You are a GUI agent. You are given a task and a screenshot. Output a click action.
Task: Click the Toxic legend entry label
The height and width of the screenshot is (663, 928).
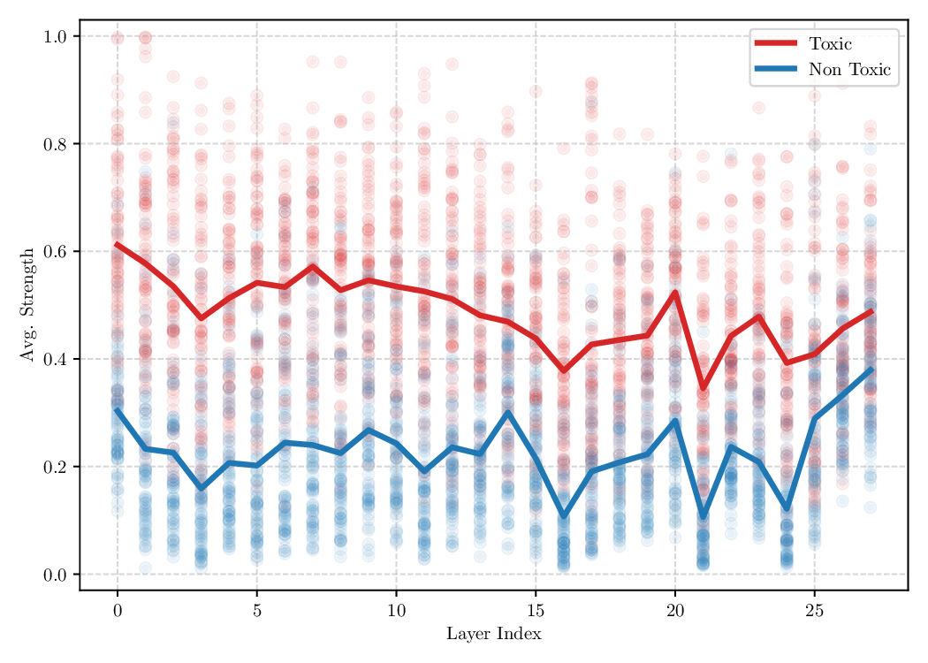(x=830, y=43)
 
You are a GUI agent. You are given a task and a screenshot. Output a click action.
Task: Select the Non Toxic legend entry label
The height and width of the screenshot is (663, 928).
(x=849, y=70)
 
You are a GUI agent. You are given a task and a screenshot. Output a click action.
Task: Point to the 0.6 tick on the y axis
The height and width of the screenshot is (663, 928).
(x=55, y=252)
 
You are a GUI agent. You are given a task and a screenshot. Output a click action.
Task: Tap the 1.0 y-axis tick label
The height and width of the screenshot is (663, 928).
(x=55, y=36)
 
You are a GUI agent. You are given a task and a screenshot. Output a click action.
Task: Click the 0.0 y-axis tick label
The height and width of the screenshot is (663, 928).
(x=55, y=575)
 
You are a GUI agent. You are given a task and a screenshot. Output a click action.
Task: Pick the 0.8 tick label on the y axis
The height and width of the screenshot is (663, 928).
(x=55, y=144)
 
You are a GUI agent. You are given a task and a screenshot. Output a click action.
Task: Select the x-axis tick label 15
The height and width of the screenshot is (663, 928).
(x=536, y=611)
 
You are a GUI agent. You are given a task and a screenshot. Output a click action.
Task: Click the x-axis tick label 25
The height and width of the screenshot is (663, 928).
(x=814, y=611)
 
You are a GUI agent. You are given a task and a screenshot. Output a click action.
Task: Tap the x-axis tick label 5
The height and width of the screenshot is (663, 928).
(x=257, y=611)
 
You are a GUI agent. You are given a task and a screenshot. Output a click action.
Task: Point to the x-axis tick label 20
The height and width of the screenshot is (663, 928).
(x=675, y=611)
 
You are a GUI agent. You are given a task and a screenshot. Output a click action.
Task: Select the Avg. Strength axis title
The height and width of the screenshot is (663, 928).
(x=26, y=305)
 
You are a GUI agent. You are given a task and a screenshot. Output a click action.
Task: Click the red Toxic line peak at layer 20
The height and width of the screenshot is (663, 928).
(x=675, y=293)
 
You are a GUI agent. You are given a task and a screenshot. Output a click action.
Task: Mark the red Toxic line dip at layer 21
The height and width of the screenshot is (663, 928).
(x=703, y=387)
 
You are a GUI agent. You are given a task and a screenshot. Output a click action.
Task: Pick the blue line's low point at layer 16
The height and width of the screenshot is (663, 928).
(x=564, y=515)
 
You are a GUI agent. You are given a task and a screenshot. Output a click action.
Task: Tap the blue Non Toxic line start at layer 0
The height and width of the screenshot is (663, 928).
(x=118, y=409)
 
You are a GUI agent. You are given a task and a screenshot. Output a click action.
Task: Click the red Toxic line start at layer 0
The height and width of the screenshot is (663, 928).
(x=118, y=244)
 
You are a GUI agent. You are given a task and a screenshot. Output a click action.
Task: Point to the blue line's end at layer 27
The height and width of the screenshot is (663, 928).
(x=871, y=370)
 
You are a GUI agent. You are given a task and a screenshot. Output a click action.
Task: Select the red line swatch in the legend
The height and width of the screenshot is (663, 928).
(x=775, y=43)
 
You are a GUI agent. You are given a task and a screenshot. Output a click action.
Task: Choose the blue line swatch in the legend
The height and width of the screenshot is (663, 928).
(x=775, y=70)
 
